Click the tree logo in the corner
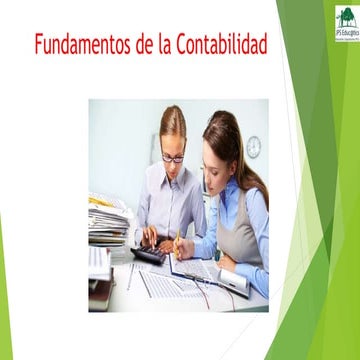[x=345, y=20]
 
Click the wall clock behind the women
[x=253, y=147]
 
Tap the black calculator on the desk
[x=149, y=255]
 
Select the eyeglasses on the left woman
[x=172, y=157]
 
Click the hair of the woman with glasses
[x=172, y=122]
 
